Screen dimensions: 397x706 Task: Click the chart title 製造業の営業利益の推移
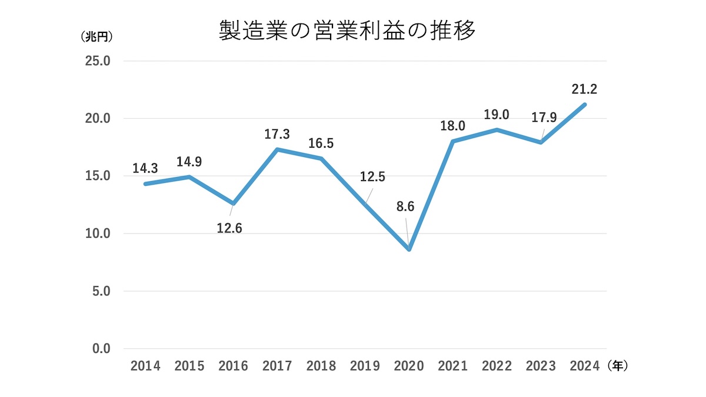point(347,31)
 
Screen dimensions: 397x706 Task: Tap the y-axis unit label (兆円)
point(97,36)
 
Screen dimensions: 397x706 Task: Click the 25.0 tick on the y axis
point(97,61)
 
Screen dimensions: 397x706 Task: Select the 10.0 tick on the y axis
point(97,233)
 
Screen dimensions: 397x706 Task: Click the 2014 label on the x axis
point(145,366)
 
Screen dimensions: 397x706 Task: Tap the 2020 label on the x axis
point(409,366)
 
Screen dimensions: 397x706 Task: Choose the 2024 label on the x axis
point(584,366)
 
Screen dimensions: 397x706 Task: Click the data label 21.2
point(584,89)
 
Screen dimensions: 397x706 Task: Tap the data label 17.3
point(277,135)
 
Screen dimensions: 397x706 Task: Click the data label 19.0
point(497,115)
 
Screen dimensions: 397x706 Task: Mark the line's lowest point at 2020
point(409,249)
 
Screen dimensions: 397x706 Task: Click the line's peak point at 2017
point(277,149)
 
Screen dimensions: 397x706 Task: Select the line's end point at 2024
point(584,105)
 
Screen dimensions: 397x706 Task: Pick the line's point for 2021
point(452,141)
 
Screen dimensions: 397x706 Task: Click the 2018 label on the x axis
point(321,366)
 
